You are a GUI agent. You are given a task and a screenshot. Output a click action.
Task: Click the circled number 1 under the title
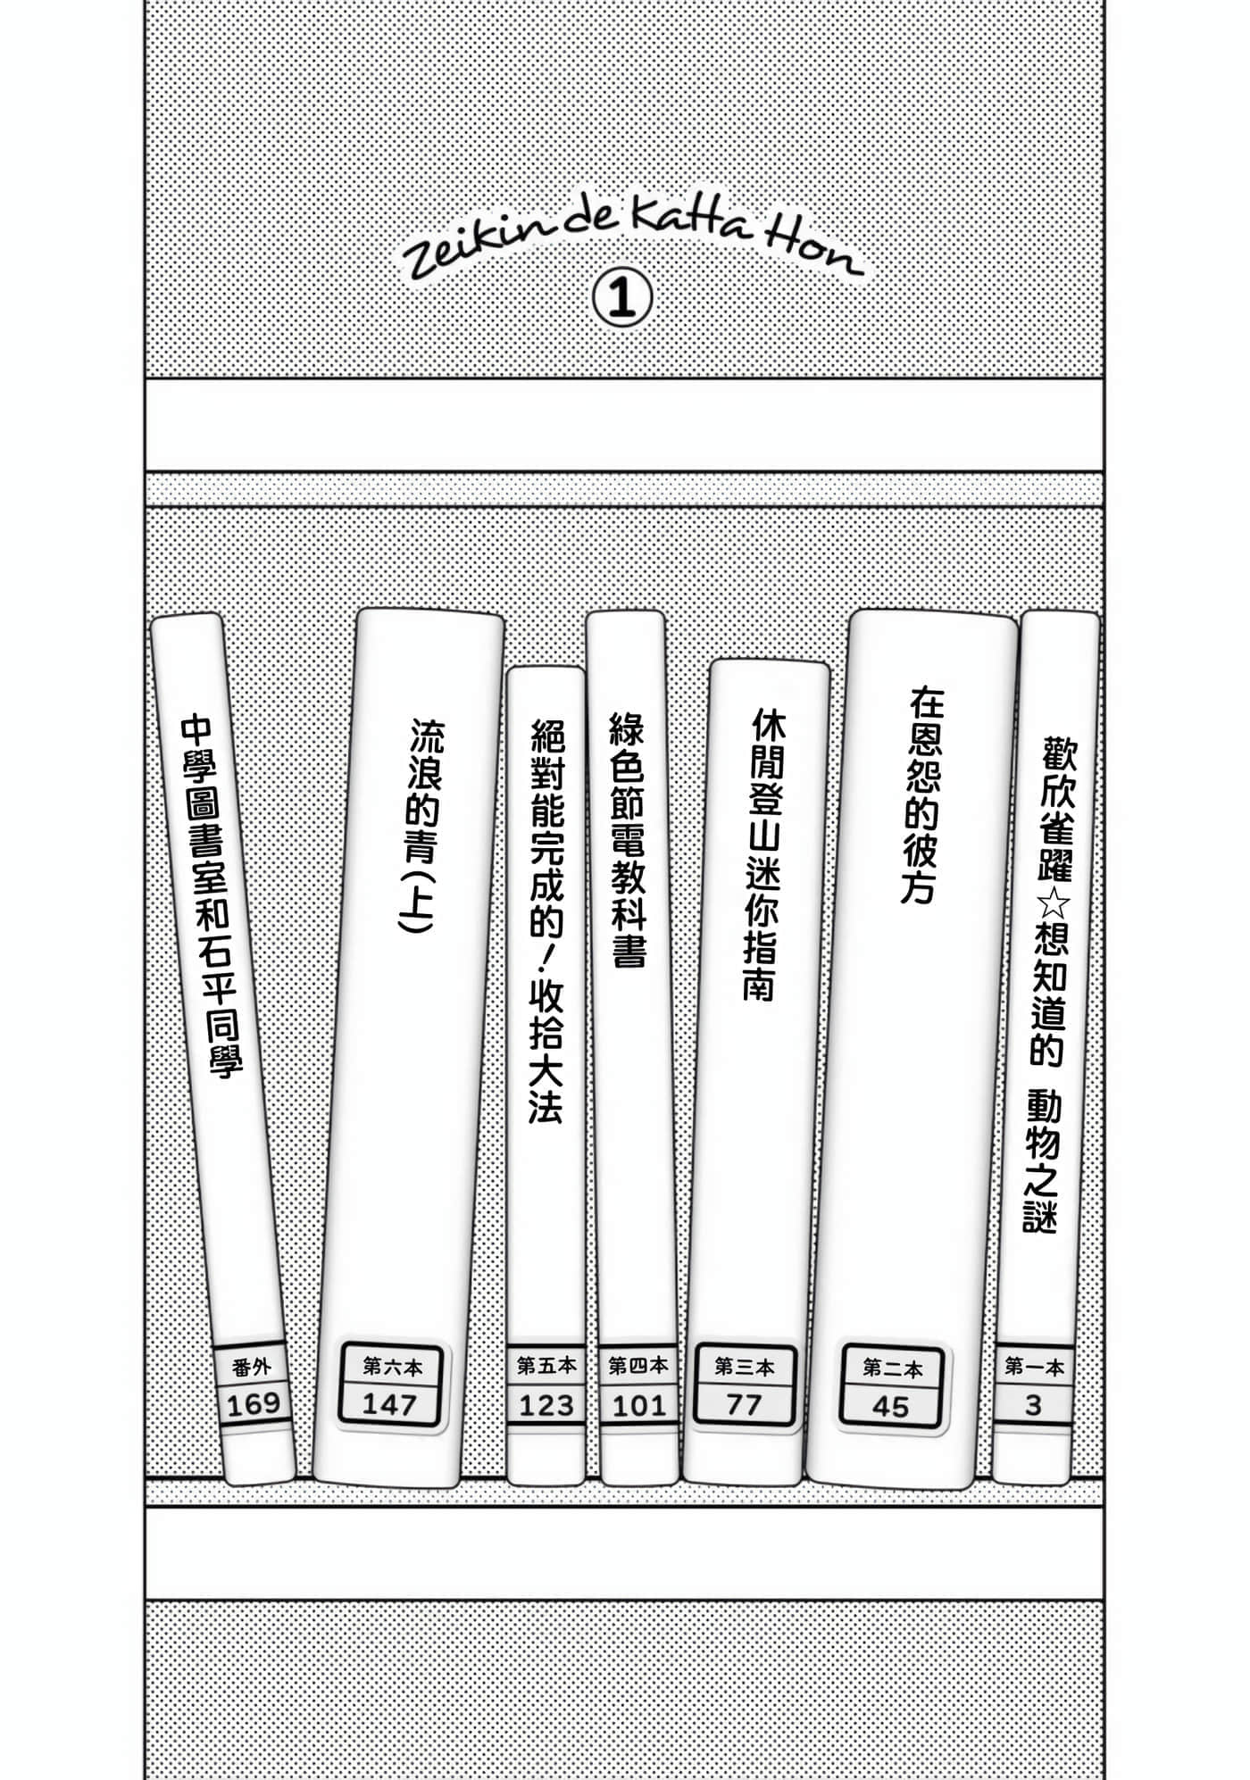pos(622,299)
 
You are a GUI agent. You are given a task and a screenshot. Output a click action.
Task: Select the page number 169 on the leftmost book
pos(254,1405)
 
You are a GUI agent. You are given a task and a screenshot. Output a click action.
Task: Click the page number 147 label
pos(389,1405)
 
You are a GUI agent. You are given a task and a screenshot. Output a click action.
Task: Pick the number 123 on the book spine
pos(546,1406)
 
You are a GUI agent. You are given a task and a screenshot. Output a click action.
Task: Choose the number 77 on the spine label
pos(744,1405)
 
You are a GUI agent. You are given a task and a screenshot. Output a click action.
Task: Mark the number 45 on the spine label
pos(890,1408)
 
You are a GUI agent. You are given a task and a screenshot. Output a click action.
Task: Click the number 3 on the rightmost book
pos(1033,1406)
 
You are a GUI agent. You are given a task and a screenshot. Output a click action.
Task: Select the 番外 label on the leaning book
pos(251,1367)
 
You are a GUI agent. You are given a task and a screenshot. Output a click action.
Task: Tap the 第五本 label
pos(547,1365)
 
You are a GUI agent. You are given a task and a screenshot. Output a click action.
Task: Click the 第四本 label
pos(638,1365)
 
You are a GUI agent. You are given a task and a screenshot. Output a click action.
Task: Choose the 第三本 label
pos(744,1367)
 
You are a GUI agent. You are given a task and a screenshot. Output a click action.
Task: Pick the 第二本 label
pos(892,1368)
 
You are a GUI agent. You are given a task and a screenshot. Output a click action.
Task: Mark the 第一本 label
pos(1034,1366)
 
